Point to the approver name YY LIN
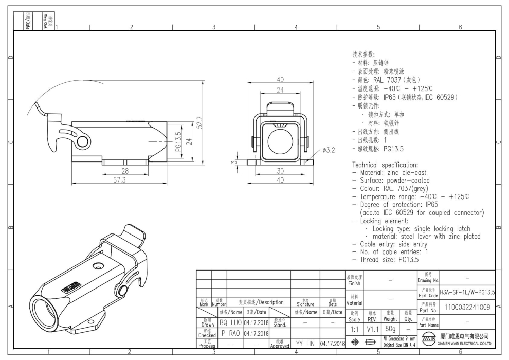point(305,343)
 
